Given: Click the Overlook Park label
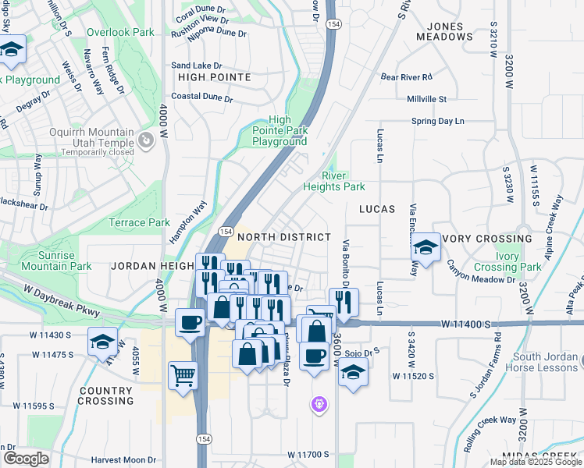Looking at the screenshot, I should (120, 33).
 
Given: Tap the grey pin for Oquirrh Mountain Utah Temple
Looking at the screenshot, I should (145, 140).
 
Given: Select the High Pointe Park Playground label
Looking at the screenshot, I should (279, 131).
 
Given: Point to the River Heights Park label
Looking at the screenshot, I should (334, 187).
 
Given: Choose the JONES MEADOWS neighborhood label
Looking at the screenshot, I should (440, 31).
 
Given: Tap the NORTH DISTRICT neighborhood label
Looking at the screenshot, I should (284, 236).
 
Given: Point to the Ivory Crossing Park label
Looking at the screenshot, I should (518, 261).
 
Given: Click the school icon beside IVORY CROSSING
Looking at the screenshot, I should (425, 247).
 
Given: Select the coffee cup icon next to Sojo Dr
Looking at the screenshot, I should (315, 356).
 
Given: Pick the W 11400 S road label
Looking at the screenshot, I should (466, 323).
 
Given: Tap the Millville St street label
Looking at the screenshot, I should (426, 99).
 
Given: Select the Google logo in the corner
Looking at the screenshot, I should (26, 459).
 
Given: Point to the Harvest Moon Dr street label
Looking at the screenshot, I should (123, 460).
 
